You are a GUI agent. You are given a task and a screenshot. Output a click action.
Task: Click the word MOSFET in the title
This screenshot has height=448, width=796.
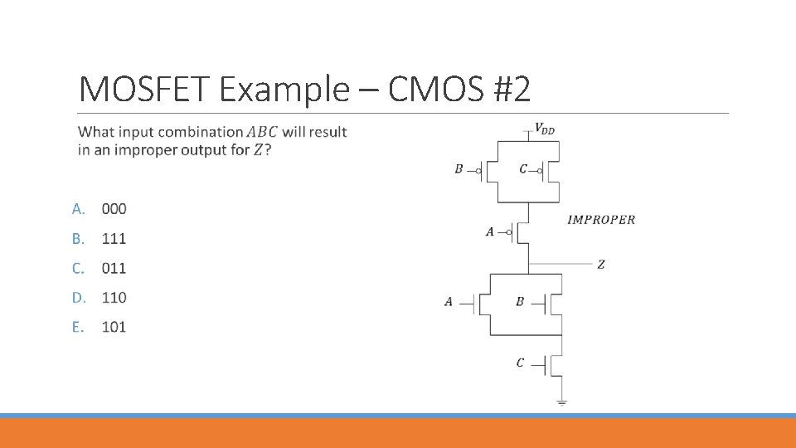tap(146, 89)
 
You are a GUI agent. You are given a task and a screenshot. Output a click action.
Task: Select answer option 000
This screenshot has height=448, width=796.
tap(114, 209)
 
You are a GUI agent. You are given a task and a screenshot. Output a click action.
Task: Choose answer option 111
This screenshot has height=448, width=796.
tap(114, 239)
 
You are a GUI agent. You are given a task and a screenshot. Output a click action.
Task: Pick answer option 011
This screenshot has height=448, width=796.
tap(114, 268)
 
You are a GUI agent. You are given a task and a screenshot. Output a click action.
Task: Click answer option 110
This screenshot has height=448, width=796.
tap(114, 297)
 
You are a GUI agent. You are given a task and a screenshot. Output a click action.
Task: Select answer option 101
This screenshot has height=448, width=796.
tap(114, 327)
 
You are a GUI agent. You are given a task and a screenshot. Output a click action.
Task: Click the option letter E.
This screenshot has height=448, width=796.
tap(77, 327)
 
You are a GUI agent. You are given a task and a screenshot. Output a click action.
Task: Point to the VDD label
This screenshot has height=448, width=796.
tap(545, 128)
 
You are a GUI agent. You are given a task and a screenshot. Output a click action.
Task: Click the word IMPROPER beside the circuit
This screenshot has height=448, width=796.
tap(601, 220)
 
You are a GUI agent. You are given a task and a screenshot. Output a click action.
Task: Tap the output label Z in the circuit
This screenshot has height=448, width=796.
tap(600, 265)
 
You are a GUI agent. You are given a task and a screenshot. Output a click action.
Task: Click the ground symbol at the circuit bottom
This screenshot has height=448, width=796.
tap(561, 402)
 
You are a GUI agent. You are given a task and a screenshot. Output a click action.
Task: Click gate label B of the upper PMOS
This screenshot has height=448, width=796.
tap(459, 169)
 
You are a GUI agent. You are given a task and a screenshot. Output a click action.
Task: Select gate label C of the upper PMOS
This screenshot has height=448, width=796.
tap(523, 169)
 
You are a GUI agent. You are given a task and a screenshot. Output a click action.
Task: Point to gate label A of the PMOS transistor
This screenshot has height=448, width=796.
tap(490, 232)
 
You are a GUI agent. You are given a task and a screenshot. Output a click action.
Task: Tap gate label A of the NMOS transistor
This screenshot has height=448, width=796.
tap(449, 302)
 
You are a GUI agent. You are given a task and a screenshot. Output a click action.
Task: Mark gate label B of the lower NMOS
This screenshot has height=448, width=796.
tap(520, 302)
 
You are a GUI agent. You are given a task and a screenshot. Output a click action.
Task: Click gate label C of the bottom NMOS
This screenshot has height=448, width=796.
tap(520, 363)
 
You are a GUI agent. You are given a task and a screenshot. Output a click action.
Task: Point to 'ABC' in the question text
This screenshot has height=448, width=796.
tap(263, 132)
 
